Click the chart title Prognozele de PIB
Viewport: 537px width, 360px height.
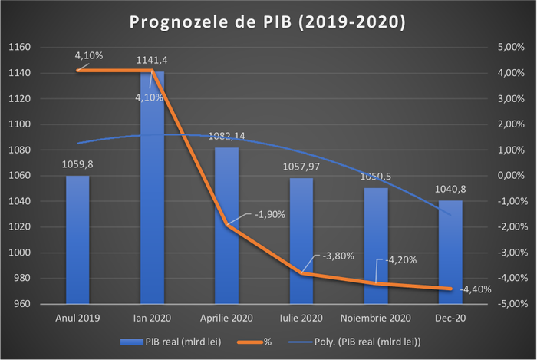pyautogui.click(x=268, y=21)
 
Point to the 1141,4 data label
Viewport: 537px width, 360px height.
pyautogui.click(x=152, y=59)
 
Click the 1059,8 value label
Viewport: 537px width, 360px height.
pyautogui.click(x=77, y=163)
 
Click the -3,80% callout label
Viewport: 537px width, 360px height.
pyautogui.click(x=338, y=256)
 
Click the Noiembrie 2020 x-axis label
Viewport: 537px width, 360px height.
pyautogui.click(x=375, y=317)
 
